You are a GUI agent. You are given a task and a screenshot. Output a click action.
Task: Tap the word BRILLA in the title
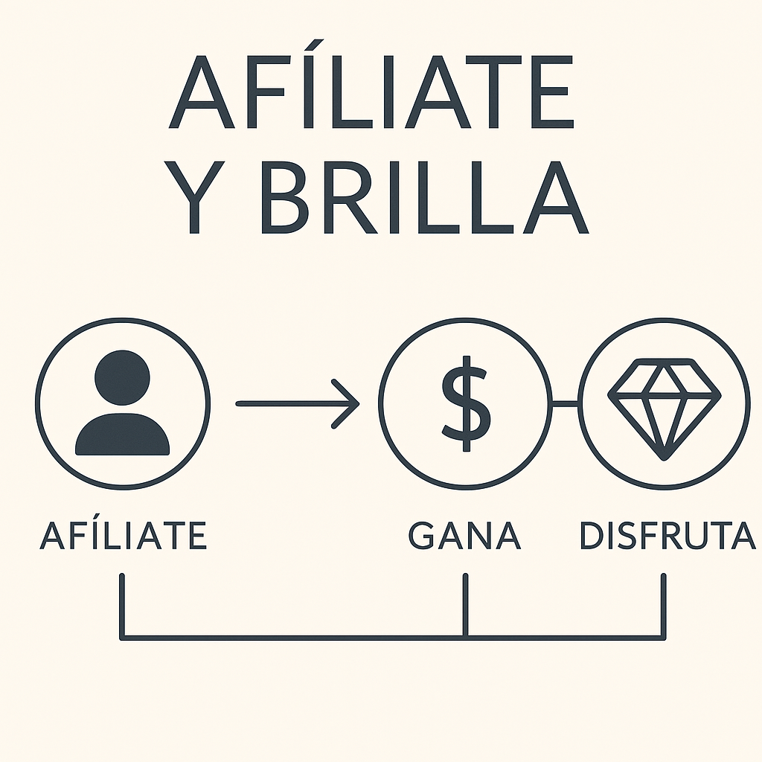tap(423, 197)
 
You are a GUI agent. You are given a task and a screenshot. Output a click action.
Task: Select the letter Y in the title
tap(195, 197)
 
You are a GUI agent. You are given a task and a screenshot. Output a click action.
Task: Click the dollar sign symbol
tap(466, 403)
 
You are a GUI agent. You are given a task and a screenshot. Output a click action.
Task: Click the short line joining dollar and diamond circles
tap(566, 403)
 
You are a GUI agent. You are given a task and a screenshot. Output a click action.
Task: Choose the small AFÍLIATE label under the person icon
tap(123, 535)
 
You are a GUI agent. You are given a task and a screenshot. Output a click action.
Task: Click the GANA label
tap(464, 535)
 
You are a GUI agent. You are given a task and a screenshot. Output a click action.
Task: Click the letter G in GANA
tap(423, 535)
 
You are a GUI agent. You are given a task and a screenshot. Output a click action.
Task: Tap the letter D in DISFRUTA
tap(592, 535)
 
